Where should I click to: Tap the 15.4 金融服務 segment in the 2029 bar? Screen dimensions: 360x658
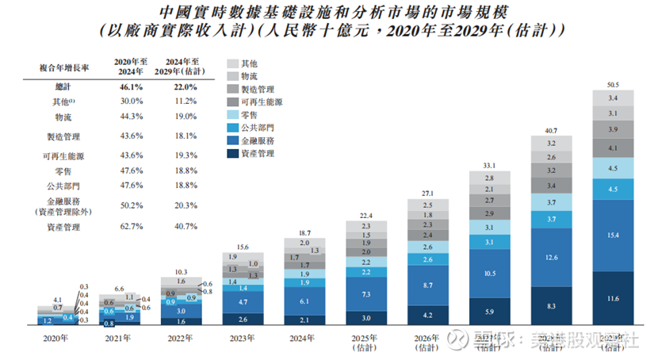click(611, 236)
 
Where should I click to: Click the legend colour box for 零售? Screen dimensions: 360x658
click(232, 115)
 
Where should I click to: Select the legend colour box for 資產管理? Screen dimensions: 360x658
click(232, 153)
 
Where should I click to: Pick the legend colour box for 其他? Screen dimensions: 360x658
click(232, 63)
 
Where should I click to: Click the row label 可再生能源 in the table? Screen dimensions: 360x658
click(59, 154)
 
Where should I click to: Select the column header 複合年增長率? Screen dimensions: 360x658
click(55, 69)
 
